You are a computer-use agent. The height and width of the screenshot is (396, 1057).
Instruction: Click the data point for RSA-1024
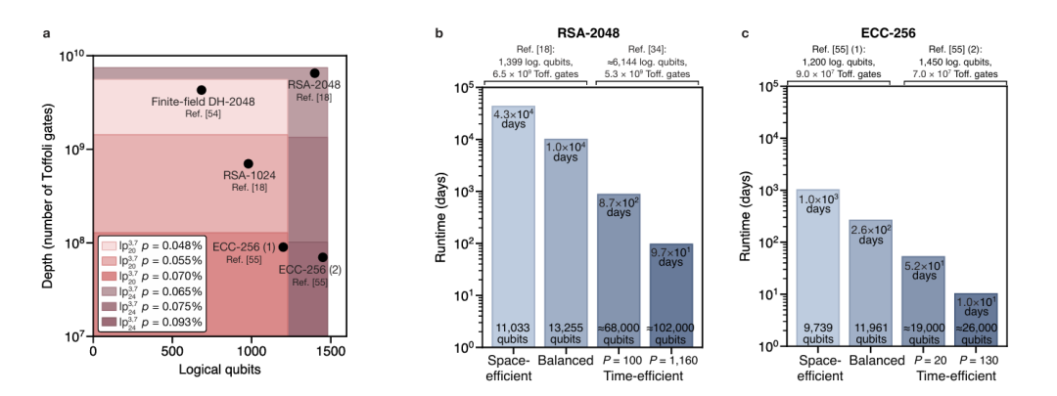249,163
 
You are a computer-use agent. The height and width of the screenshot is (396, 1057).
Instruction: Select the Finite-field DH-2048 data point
202,90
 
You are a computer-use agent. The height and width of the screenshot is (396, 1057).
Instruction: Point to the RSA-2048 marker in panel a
314,73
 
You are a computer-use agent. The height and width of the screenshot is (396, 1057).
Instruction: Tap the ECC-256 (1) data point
283,247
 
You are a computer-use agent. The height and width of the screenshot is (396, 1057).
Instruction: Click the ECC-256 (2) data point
323,257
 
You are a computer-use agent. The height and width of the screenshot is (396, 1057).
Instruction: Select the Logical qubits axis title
210,369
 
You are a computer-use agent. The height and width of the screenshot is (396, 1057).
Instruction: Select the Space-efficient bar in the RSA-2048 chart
513,225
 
